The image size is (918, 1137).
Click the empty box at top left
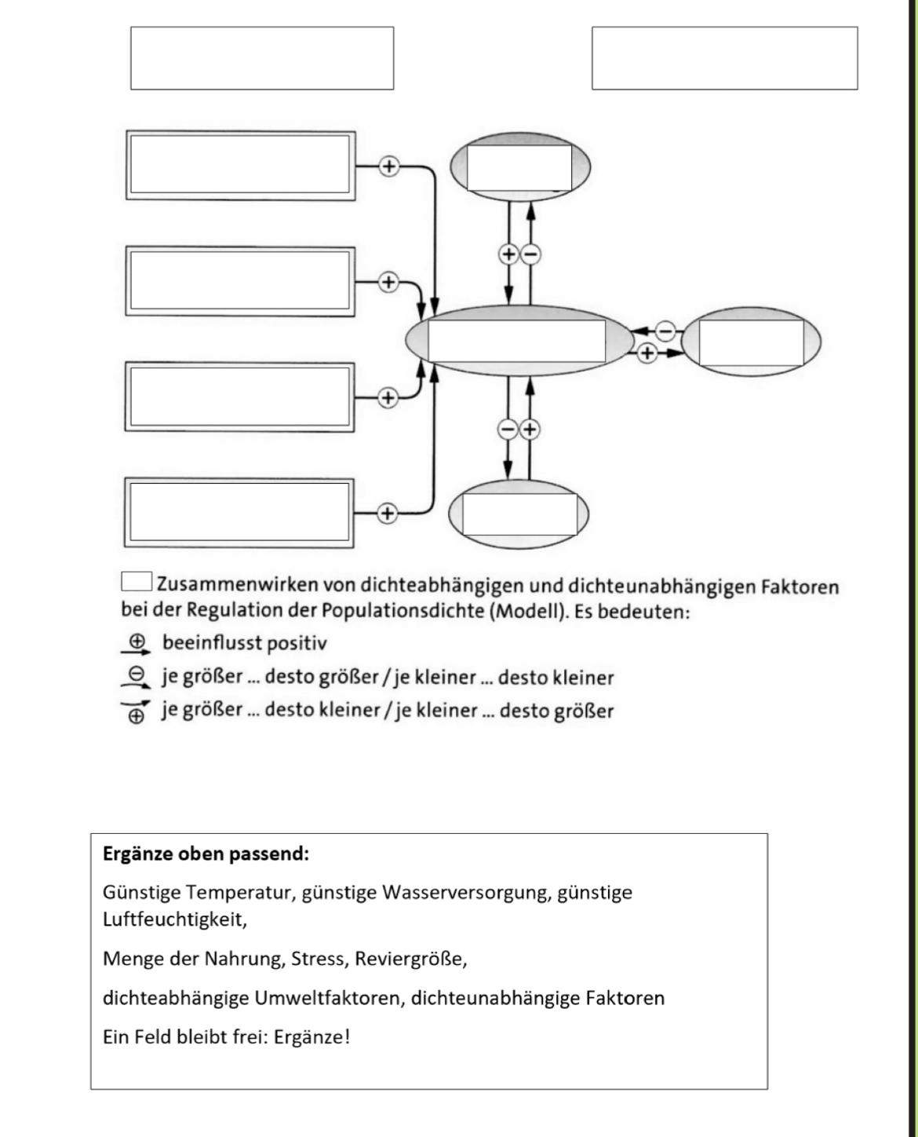point(262,58)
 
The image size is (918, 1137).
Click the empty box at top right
point(724,58)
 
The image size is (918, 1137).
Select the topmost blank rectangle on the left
point(240,165)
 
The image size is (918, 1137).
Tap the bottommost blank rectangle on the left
point(239,513)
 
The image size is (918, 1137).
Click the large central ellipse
point(518,341)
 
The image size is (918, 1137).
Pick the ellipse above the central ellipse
point(519,166)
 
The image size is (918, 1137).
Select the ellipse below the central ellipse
point(519,514)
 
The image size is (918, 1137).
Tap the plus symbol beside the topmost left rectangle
point(388,166)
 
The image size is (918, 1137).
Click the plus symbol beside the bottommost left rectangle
point(386,514)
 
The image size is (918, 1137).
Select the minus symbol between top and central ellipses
point(531,254)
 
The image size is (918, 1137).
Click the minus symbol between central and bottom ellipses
point(508,429)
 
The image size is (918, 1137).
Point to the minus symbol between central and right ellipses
point(665,331)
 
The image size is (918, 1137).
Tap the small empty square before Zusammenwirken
point(137,582)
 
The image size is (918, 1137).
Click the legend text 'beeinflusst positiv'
point(244,643)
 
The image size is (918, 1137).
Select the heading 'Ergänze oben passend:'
point(206,854)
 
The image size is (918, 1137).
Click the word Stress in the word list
point(318,959)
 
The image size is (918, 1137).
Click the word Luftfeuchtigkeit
point(174,919)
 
